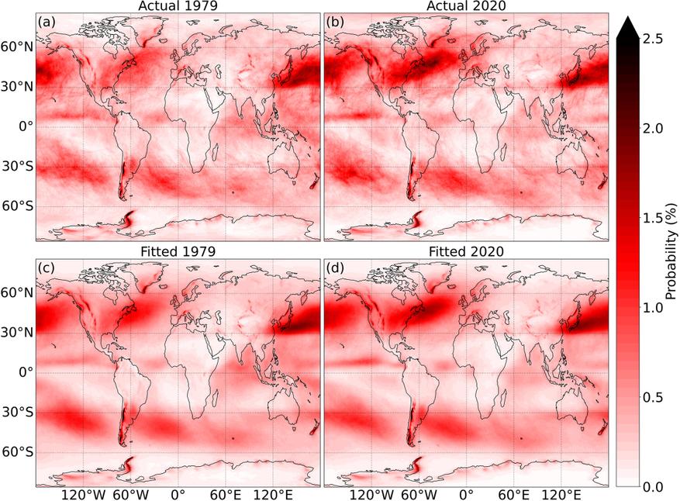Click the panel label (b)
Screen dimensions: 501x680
click(x=336, y=22)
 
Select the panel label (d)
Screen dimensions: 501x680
click(x=336, y=268)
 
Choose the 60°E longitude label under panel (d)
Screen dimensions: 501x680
click(x=513, y=495)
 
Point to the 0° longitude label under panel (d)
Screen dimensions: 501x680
click(x=466, y=495)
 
